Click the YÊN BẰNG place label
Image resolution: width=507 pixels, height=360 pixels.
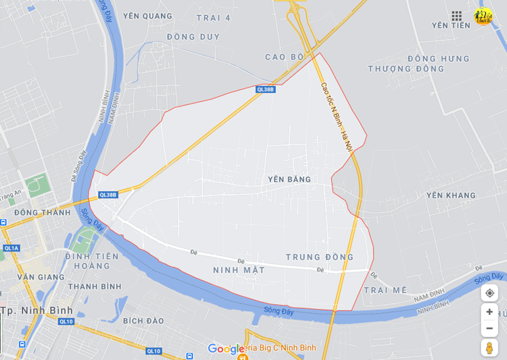coord(289,180)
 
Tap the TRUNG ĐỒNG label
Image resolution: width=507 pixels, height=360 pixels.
coord(319,257)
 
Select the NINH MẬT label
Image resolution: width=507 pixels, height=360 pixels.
coord(238,270)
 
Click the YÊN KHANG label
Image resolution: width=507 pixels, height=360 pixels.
coord(451,195)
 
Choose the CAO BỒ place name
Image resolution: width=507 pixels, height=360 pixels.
coord(284,57)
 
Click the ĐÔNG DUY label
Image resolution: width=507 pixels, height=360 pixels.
coord(193,37)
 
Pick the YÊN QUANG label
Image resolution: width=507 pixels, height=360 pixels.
coord(147,16)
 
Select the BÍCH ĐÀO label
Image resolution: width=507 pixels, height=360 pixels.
coord(143,321)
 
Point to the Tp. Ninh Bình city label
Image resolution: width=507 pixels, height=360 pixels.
coord(37,311)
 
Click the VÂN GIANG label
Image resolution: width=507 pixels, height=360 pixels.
coord(41,277)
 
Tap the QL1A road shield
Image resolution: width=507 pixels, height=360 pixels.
coord(11,248)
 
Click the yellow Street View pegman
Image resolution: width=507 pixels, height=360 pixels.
coord(489,347)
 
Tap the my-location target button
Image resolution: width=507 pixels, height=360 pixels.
coord(489,293)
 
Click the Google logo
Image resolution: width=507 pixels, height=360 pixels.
coord(226,349)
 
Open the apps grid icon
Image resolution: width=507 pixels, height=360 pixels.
coord(456,16)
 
